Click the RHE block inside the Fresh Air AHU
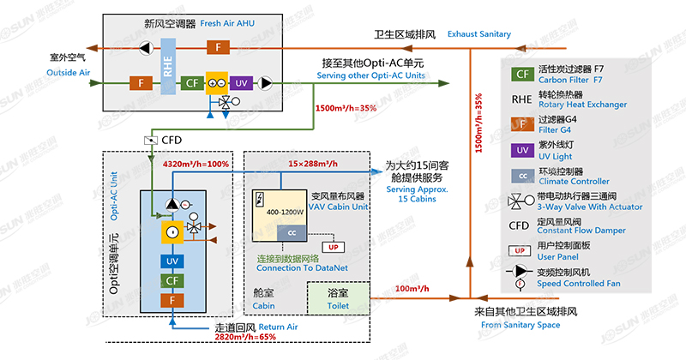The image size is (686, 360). coord(168,69)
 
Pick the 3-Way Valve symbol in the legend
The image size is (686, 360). coord(521,202)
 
